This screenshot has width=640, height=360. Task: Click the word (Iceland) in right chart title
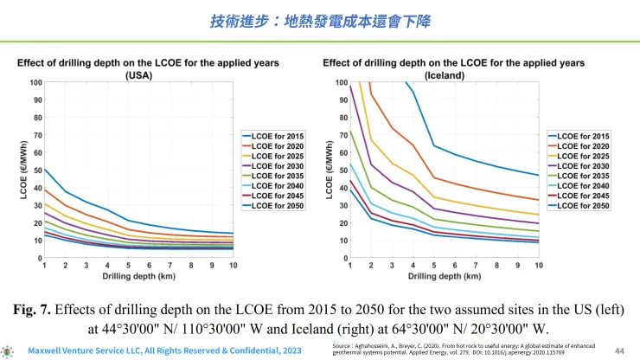(x=455, y=75)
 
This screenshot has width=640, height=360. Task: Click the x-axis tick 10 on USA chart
(x=233, y=264)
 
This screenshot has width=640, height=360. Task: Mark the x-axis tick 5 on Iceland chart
(x=433, y=264)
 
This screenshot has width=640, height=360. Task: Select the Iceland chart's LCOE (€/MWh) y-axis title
(x=317, y=169)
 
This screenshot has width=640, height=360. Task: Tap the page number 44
(x=619, y=350)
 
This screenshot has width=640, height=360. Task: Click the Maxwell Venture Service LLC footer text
(x=164, y=351)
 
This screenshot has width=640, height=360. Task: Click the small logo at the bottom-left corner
(x=9, y=351)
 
